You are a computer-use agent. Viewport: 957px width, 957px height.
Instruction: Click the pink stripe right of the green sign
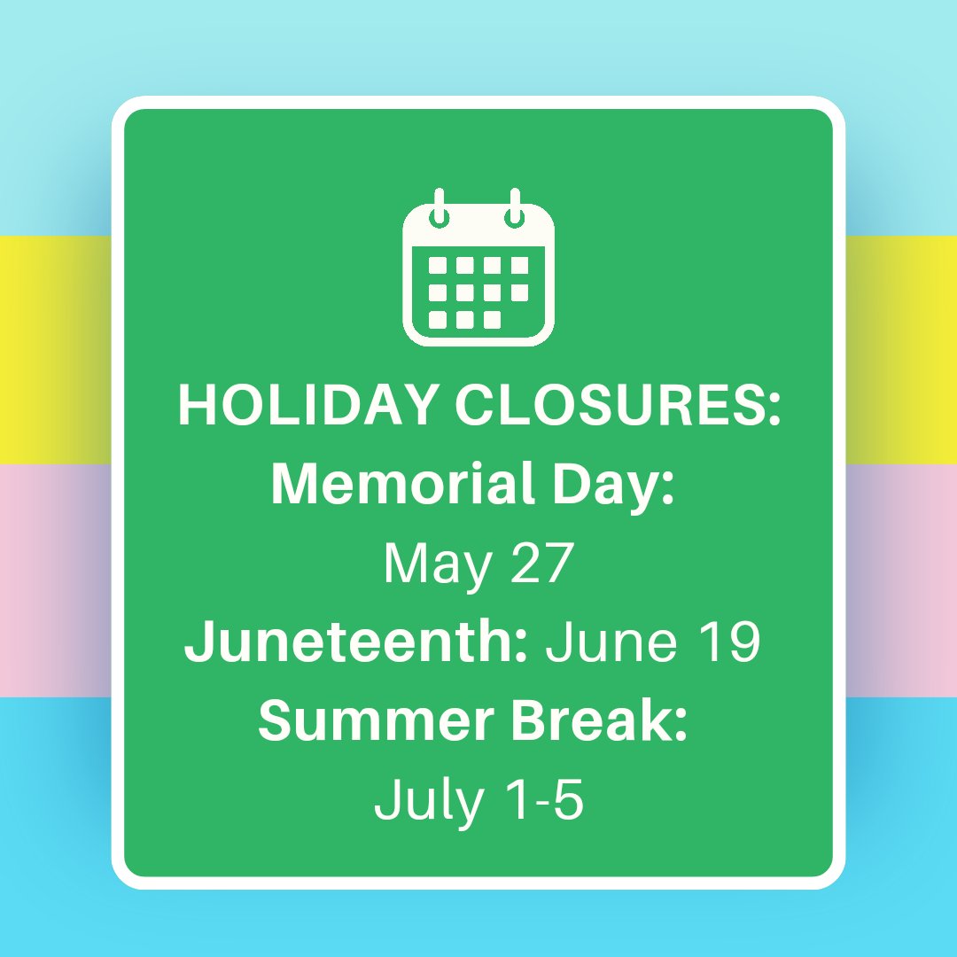(x=900, y=580)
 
